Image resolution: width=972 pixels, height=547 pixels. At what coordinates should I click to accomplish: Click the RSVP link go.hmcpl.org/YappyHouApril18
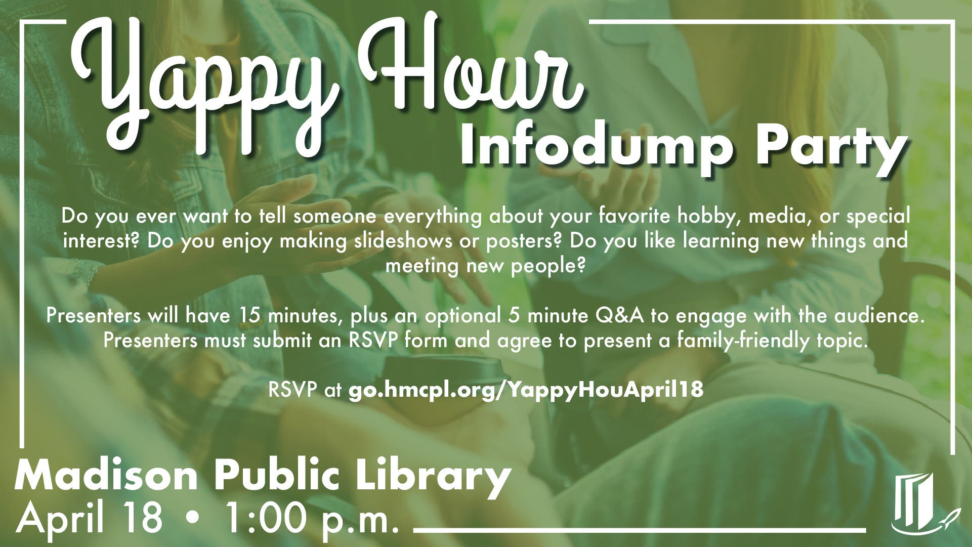(x=526, y=390)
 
